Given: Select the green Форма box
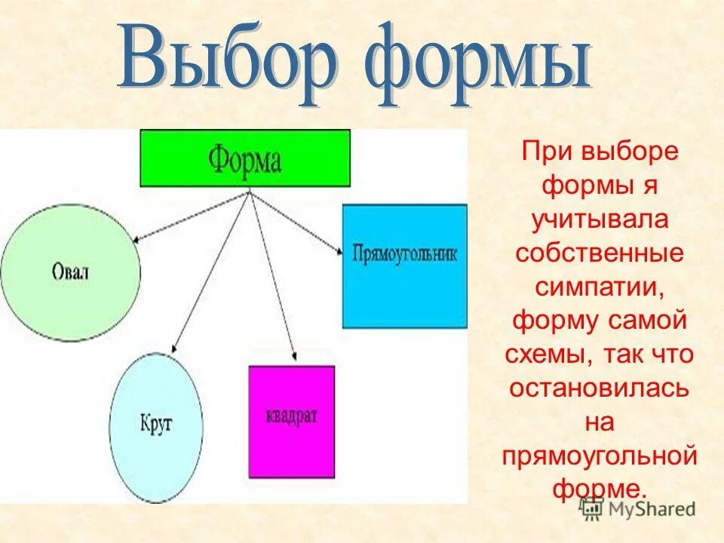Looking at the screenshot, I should [245, 158].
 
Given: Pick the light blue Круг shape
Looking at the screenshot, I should [156, 427].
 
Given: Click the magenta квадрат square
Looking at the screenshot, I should [291, 422].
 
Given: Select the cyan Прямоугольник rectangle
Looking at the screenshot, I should [404, 265].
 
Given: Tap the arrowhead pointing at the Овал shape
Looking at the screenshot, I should [137, 240].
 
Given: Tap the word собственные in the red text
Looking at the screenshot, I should [600, 253].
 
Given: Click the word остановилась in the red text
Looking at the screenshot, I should [600, 388].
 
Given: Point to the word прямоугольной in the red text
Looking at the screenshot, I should [600, 456].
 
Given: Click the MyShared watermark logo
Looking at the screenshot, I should [638, 508].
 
